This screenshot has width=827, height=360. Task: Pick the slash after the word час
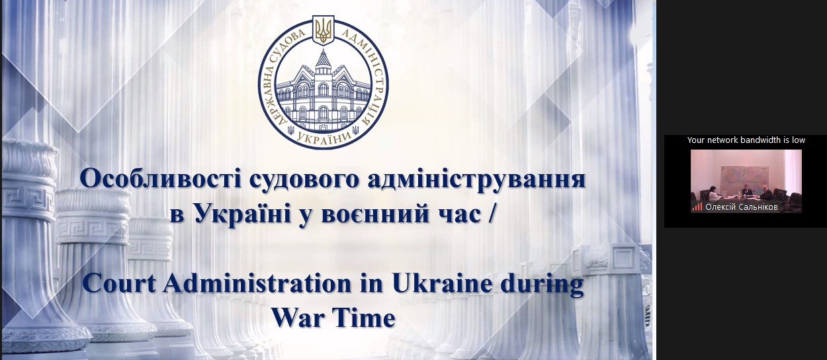tap(490, 214)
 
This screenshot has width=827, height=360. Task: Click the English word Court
tap(119, 284)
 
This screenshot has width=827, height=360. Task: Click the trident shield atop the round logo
tap(324, 30)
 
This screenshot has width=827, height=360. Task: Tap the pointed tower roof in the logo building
tap(324, 58)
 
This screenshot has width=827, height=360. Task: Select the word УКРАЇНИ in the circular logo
tap(324, 138)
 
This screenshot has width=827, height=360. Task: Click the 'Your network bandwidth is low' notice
tap(746, 140)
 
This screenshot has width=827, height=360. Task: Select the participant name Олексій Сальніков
tap(742, 207)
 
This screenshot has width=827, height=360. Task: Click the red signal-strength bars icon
tap(697, 206)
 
